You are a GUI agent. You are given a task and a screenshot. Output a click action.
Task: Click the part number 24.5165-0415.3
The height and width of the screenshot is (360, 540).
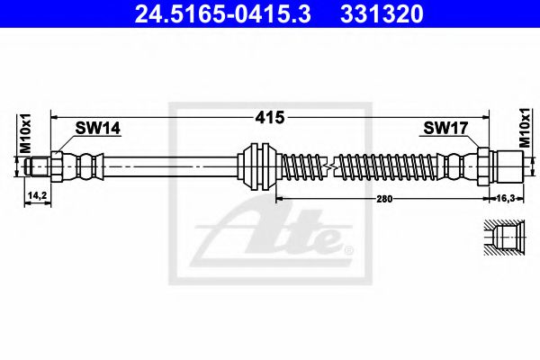pyautogui.click(x=211, y=16)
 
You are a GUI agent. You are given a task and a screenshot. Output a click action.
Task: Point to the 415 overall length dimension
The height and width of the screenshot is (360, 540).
pyautogui.click(x=271, y=117)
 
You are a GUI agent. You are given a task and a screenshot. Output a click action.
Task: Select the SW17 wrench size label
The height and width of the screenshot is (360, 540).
pyautogui.click(x=445, y=130)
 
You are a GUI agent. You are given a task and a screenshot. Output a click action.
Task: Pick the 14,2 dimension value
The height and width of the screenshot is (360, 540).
pyautogui.click(x=37, y=194)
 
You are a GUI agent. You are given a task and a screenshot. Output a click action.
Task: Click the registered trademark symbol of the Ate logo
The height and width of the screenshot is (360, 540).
pyautogui.click(x=349, y=246)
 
